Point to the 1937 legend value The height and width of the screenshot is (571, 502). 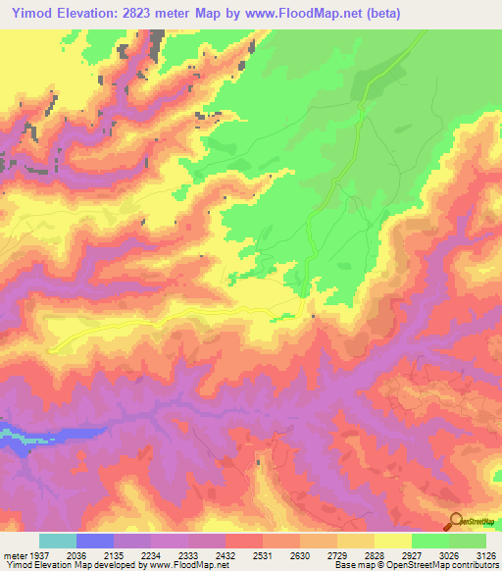tap(39, 554)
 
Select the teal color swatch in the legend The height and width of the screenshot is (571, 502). tap(58, 541)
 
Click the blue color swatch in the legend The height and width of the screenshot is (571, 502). tap(95, 541)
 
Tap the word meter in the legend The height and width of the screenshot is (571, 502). tap(14, 554)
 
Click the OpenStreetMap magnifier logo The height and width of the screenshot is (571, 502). tap(456, 520)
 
